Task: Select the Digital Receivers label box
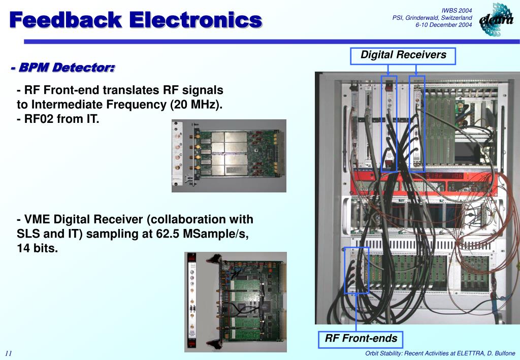click(x=403, y=55)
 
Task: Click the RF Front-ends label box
click(x=361, y=339)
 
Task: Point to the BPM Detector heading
click(x=63, y=68)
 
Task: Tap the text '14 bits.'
click(x=38, y=249)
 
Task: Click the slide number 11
click(x=9, y=353)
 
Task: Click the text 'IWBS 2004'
click(x=457, y=10)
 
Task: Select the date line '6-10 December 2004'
click(x=444, y=25)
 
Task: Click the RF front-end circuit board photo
click(x=229, y=155)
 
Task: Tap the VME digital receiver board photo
click(x=235, y=301)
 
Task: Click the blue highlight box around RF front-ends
click(x=356, y=270)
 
